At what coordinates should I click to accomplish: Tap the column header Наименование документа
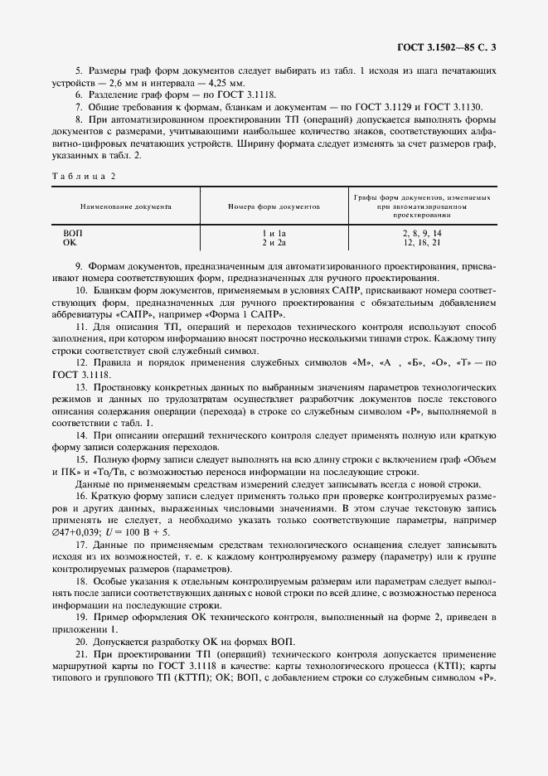[125, 204]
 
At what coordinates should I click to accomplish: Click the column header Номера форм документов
[274, 204]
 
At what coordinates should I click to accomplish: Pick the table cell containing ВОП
[73, 234]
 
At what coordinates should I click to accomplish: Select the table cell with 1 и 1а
[274, 234]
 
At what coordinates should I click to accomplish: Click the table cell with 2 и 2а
[274, 242]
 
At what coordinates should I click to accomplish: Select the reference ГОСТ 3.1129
[372, 107]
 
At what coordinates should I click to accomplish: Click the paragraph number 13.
[81, 388]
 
